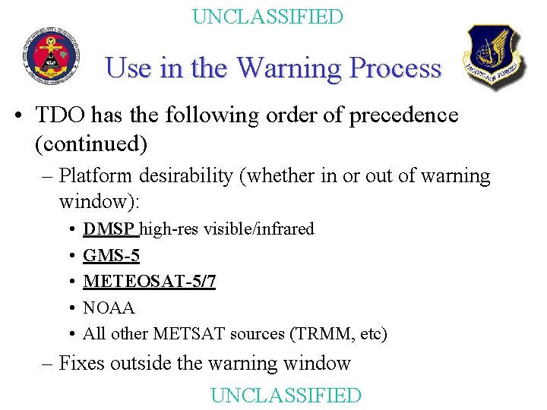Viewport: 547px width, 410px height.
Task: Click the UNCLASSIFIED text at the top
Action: click(x=267, y=17)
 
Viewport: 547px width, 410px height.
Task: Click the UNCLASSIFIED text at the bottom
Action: click(x=286, y=395)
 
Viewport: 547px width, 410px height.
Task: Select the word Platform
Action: click(x=94, y=176)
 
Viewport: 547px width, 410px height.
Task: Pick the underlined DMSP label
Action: click(x=109, y=229)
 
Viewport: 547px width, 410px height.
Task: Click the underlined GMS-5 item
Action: click(x=111, y=256)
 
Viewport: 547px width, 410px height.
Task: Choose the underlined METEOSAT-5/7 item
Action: click(x=150, y=282)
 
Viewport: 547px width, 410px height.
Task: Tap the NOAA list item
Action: click(x=109, y=307)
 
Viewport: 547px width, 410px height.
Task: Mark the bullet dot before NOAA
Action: click(x=69, y=308)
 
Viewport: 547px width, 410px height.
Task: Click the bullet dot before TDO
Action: click(x=17, y=116)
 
